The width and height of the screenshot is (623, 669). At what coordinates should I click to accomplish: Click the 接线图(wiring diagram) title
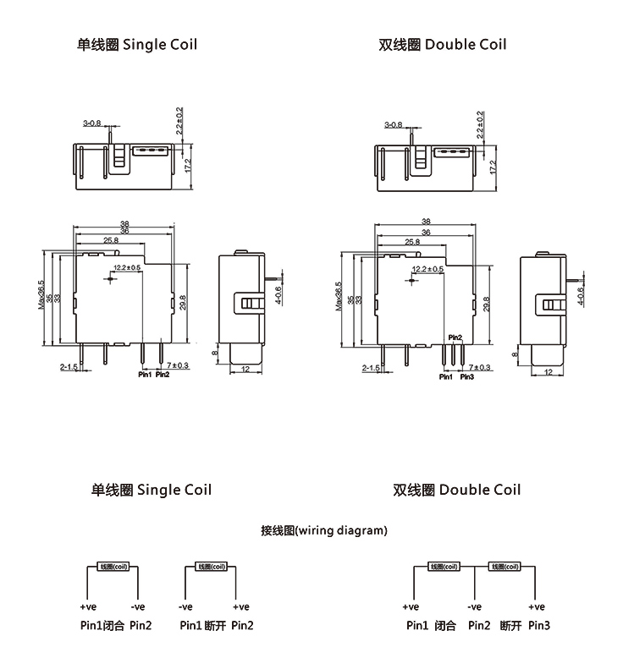click(324, 531)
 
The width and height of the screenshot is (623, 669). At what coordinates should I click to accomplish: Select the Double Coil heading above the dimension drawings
click(443, 44)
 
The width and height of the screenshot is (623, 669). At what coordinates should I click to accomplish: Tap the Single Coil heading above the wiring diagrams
click(152, 490)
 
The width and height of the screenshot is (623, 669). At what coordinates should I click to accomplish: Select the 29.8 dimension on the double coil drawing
click(486, 304)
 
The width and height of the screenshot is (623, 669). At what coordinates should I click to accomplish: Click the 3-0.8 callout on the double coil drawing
click(393, 124)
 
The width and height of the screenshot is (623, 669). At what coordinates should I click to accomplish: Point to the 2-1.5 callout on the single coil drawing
click(69, 368)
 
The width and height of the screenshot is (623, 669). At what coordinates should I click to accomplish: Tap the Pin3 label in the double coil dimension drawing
click(466, 377)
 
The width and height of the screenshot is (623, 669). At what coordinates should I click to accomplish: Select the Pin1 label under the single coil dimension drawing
click(144, 375)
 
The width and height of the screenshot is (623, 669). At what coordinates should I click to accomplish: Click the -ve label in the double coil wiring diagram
click(474, 607)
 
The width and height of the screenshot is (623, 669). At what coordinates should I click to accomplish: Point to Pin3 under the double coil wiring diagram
click(538, 626)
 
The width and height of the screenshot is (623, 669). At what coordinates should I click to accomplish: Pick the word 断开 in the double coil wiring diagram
click(510, 626)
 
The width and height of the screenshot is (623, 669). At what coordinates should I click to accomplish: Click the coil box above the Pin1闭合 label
click(113, 567)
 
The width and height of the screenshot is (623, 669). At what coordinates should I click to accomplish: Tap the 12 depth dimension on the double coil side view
click(548, 372)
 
